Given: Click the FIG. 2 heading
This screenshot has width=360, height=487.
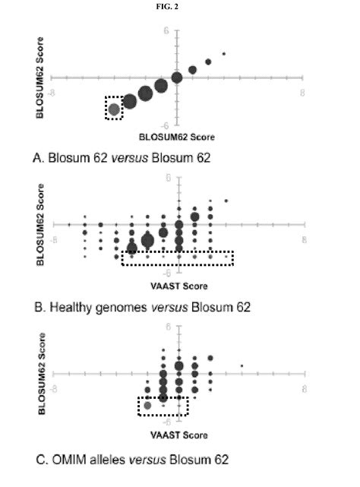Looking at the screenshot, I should pyautogui.click(x=178, y=8).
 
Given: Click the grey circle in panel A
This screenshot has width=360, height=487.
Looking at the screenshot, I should pyautogui.click(x=114, y=109).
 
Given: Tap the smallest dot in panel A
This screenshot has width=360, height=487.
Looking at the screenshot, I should pyautogui.click(x=223, y=54).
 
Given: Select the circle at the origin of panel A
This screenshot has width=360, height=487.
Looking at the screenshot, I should pyautogui.click(x=176, y=77).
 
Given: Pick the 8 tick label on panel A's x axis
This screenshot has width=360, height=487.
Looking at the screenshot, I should pyautogui.click(x=304, y=92).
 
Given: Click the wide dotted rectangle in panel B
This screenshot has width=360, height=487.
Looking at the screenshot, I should pyautogui.click(x=178, y=258).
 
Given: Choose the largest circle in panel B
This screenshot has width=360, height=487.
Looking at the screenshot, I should pyautogui.click(x=147, y=241).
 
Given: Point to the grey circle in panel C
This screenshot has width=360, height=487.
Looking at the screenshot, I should pyautogui.click(x=147, y=406).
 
